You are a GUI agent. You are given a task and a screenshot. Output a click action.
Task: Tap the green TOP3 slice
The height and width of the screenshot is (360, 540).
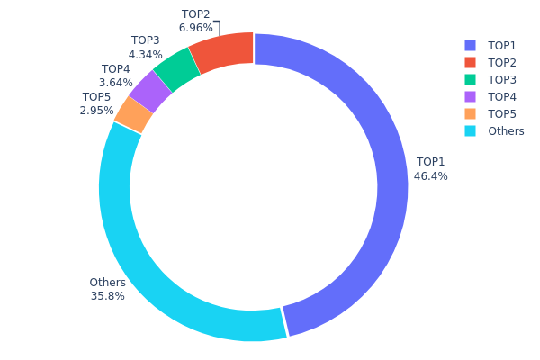[x=176, y=70]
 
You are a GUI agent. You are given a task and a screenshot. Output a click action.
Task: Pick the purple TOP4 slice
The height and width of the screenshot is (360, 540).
[x=149, y=92]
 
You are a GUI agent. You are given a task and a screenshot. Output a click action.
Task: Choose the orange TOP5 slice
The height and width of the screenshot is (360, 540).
[x=133, y=114]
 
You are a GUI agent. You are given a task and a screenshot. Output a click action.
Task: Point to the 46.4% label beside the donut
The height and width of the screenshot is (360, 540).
[x=430, y=176]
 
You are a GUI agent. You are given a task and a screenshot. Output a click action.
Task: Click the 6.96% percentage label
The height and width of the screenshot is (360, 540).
[x=195, y=28]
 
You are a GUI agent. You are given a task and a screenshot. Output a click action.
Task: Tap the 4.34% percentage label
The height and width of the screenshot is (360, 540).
[x=145, y=55]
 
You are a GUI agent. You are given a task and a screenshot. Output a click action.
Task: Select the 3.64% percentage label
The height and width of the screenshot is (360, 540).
[x=115, y=83]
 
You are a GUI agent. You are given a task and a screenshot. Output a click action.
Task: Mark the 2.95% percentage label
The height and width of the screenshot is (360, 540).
[x=97, y=111]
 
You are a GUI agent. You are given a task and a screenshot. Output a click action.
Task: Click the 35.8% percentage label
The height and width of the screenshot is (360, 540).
[x=107, y=296]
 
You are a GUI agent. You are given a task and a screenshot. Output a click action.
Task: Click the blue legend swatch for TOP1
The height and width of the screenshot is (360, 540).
[x=470, y=45]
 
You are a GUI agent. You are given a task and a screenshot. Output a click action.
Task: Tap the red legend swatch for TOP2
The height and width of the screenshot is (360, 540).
[x=470, y=62]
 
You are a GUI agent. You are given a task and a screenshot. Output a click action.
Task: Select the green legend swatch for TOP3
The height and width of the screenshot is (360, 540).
[x=470, y=79]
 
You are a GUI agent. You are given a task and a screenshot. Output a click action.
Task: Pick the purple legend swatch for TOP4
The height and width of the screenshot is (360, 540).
[x=470, y=96]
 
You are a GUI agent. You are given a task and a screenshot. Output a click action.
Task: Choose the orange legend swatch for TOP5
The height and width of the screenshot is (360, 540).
[x=470, y=113]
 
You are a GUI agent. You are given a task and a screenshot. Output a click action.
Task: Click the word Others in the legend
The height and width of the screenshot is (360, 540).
[x=506, y=131]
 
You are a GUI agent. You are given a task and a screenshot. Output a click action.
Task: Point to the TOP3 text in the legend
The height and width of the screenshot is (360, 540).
[x=502, y=79]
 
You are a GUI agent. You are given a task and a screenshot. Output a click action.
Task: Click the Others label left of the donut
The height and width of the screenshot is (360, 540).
[x=107, y=283]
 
